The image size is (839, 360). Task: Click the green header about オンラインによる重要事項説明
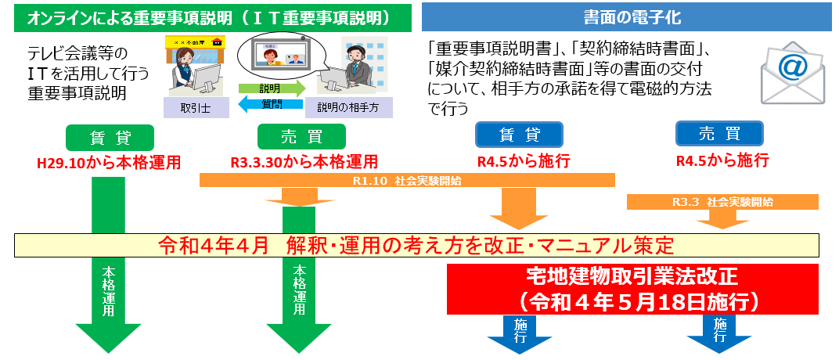212,18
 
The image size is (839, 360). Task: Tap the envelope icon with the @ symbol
794,72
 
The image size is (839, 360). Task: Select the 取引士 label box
196,108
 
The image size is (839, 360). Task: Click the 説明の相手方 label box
349,108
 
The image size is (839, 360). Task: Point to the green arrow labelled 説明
272,88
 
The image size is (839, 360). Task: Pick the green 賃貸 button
110,138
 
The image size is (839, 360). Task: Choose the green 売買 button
302,138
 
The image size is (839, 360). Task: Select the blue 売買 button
719,134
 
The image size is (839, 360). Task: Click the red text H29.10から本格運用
109,163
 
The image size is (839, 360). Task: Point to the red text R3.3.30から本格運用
304,161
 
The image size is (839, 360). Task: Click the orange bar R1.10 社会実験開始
407,181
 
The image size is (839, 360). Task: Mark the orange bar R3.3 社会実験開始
722,202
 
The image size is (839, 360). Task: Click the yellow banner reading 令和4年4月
417,246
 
